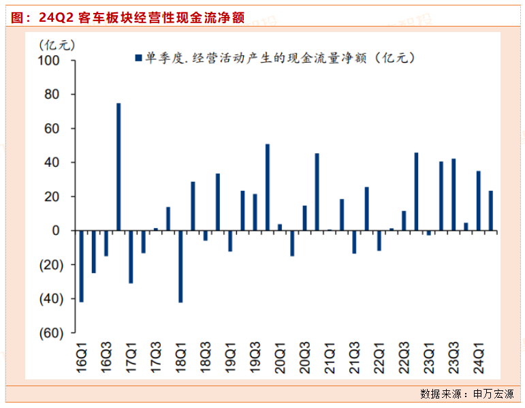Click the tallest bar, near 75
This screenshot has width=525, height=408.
(x=118, y=167)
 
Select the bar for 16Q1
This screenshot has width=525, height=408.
(x=81, y=266)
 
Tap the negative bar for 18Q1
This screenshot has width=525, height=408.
(x=180, y=266)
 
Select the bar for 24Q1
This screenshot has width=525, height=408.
(x=478, y=201)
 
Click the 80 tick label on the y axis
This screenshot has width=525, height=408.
(x=54, y=95)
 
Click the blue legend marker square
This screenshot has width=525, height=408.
(x=138, y=59)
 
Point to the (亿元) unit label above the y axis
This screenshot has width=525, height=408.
(x=57, y=46)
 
